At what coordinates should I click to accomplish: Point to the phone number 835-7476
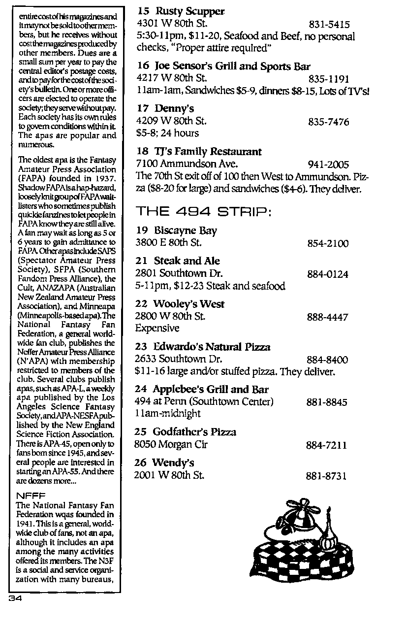click(x=328, y=122)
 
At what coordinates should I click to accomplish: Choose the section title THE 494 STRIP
click(x=203, y=212)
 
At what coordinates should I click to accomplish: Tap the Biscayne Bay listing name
click(x=185, y=231)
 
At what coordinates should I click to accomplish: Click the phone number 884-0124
click(x=327, y=274)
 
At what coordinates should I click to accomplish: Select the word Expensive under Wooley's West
click(x=157, y=328)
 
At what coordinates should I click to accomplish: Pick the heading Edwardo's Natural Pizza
click(x=211, y=347)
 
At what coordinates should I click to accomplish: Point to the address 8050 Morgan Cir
click(x=171, y=445)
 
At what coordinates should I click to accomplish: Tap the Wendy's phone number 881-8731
click(x=326, y=476)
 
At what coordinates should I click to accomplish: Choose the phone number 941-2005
click(x=328, y=165)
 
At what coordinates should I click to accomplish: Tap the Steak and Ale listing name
click(x=187, y=261)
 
